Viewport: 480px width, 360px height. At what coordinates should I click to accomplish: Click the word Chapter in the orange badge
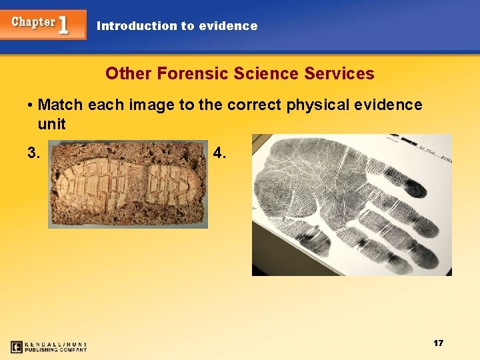click(33, 22)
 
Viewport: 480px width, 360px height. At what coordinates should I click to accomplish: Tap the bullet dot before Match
click(31, 105)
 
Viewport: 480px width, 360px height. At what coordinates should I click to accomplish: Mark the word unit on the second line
click(51, 124)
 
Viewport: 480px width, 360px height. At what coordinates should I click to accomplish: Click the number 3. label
click(34, 153)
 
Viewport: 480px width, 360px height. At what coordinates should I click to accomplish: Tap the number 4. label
click(219, 153)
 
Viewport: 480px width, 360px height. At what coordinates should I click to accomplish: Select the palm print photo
click(351, 205)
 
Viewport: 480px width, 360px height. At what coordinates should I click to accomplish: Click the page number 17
click(438, 343)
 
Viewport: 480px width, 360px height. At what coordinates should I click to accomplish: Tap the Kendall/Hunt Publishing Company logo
click(49, 347)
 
